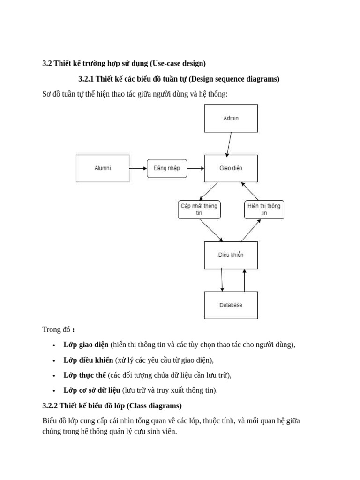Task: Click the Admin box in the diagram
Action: click(231, 118)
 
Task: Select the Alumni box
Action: click(103, 168)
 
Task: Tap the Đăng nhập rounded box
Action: click(167, 168)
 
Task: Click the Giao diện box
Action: click(231, 168)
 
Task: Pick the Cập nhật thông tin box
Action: click(199, 210)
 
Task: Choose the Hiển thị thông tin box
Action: click(264, 210)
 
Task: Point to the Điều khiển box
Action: click(231, 255)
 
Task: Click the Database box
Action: click(231, 305)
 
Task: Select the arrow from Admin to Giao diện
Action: click(229, 144)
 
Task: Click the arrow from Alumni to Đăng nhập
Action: click(138, 168)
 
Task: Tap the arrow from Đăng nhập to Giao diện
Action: click(195, 168)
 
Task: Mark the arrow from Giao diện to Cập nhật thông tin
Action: click(209, 191)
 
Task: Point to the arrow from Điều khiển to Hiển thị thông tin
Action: click(251, 230)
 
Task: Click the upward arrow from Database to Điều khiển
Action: click(244, 280)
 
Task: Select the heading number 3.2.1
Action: click(86, 79)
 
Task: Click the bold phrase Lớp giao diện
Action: click(86, 345)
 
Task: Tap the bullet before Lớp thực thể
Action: click(54, 375)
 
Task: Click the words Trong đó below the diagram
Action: click(56, 330)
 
